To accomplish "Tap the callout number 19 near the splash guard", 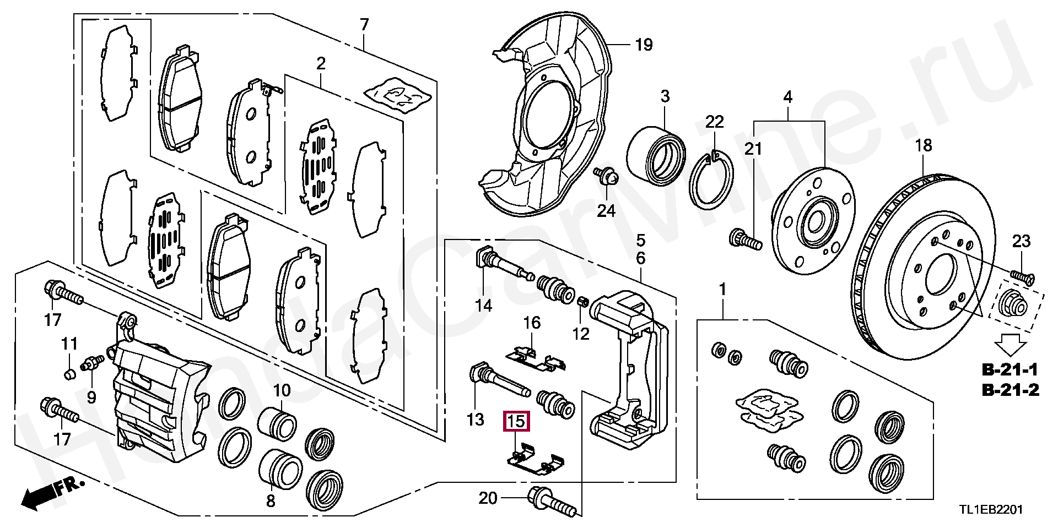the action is pos(643,45).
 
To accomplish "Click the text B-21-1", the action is pos(1011,369).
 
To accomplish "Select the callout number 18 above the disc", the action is pos(924,145).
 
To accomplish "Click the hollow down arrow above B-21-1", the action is pos(1010,346).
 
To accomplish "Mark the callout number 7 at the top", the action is pos(364,25).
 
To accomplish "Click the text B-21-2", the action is pos(1011,390).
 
